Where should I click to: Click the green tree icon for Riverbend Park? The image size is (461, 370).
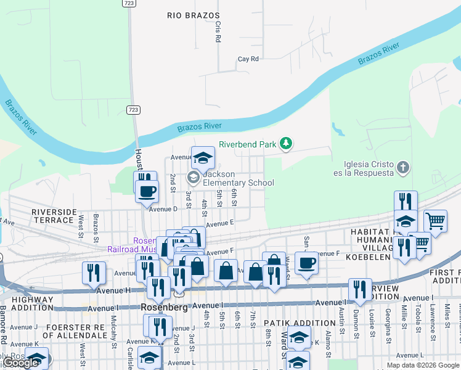[x=285, y=144]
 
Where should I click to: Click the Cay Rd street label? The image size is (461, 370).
[x=248, y=59]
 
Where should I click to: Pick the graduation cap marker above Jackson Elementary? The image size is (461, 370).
[x=203, y=159]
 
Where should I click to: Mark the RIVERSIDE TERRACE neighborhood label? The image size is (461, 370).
[x=53, y=215]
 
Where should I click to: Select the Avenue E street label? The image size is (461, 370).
[x=220, y=224]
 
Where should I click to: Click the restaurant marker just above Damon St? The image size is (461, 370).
[x=360, y=289]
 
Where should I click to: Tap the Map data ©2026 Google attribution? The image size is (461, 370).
[x=422, y=365]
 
